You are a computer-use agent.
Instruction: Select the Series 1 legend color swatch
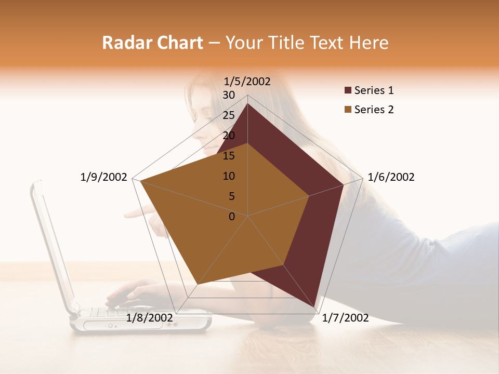click(348, 91)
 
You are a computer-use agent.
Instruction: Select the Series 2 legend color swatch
click(348, 110)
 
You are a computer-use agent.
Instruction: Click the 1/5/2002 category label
click(247, 81)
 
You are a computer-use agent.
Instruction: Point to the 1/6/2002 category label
click(391, 177)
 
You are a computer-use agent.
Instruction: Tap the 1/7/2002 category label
click(345, 317)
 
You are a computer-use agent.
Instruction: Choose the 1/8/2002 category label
click(149, 317)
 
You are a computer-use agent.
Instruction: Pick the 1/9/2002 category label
click(104, 177)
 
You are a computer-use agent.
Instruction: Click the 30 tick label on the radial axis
click(229, 95)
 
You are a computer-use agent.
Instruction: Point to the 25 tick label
click(229, 115)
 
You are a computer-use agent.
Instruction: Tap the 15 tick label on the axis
click(229, 156)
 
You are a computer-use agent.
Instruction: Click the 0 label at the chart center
click(232, 217)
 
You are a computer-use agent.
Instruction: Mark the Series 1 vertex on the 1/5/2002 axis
click(247, 103)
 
